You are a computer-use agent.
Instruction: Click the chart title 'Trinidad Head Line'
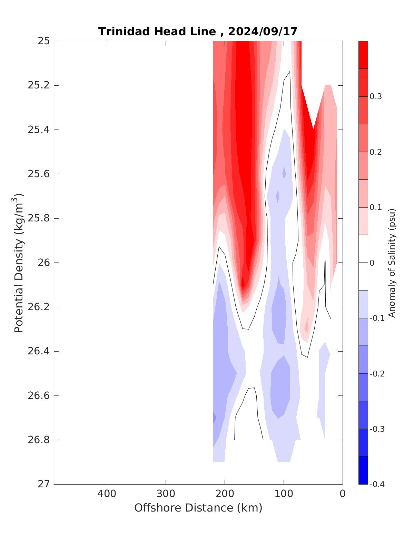[157, 32]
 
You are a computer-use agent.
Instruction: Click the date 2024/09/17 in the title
[263, 32]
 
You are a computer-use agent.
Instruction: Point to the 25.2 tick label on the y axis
[38, 85]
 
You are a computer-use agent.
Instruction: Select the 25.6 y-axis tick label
[38, 174]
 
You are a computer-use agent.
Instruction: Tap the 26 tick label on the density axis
[43, 263]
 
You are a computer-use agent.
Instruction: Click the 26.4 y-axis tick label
[38, 351]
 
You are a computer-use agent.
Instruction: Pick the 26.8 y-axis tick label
[38, 440]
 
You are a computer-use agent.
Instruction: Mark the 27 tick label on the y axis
[43, 484]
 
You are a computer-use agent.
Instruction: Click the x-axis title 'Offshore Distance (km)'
[198, 508]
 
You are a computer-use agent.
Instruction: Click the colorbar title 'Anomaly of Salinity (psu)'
[392, 263]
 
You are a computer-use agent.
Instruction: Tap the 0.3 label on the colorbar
[375, 97]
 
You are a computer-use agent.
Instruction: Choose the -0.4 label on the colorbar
[376, 484]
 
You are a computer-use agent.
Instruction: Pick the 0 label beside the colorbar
[372, 263]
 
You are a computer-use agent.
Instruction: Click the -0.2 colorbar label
[376, 374]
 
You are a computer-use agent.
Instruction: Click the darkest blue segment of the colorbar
[363, 470]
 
